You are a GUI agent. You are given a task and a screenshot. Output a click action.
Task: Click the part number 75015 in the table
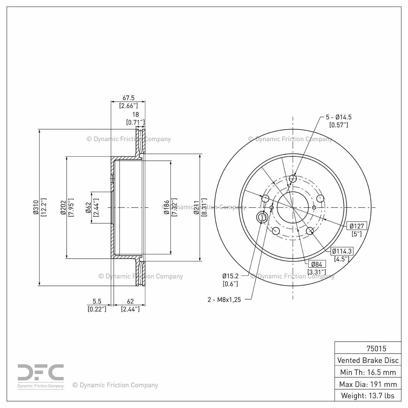tap(376, 348)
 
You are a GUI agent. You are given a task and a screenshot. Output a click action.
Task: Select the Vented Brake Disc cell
tap(368, 360)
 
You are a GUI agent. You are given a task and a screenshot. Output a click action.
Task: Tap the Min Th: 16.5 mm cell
tap(368, 372)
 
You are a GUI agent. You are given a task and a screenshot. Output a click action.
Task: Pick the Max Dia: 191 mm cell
tap(368, 384)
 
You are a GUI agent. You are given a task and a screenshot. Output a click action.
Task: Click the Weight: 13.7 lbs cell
tap(368, 395)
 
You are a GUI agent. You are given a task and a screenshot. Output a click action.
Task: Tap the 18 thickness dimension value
tap(135, 115)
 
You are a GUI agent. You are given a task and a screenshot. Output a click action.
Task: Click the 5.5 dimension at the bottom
tap(97, 301)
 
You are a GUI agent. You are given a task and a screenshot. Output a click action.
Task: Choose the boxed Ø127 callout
tap(357, 226)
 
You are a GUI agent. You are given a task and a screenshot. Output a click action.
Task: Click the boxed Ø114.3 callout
tap(342, 251)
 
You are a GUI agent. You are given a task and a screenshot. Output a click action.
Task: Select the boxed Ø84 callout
tap(317, 264)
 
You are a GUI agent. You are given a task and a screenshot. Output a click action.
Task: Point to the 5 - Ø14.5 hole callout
tap(339, 117)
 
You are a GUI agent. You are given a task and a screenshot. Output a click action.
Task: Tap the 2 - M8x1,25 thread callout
tap(224, 300)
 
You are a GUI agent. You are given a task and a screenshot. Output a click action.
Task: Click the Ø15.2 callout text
tap(230, 276)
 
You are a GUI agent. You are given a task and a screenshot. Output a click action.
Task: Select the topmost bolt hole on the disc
tap(293, 179)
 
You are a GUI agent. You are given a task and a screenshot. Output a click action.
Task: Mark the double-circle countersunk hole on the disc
tap(262, 217)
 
